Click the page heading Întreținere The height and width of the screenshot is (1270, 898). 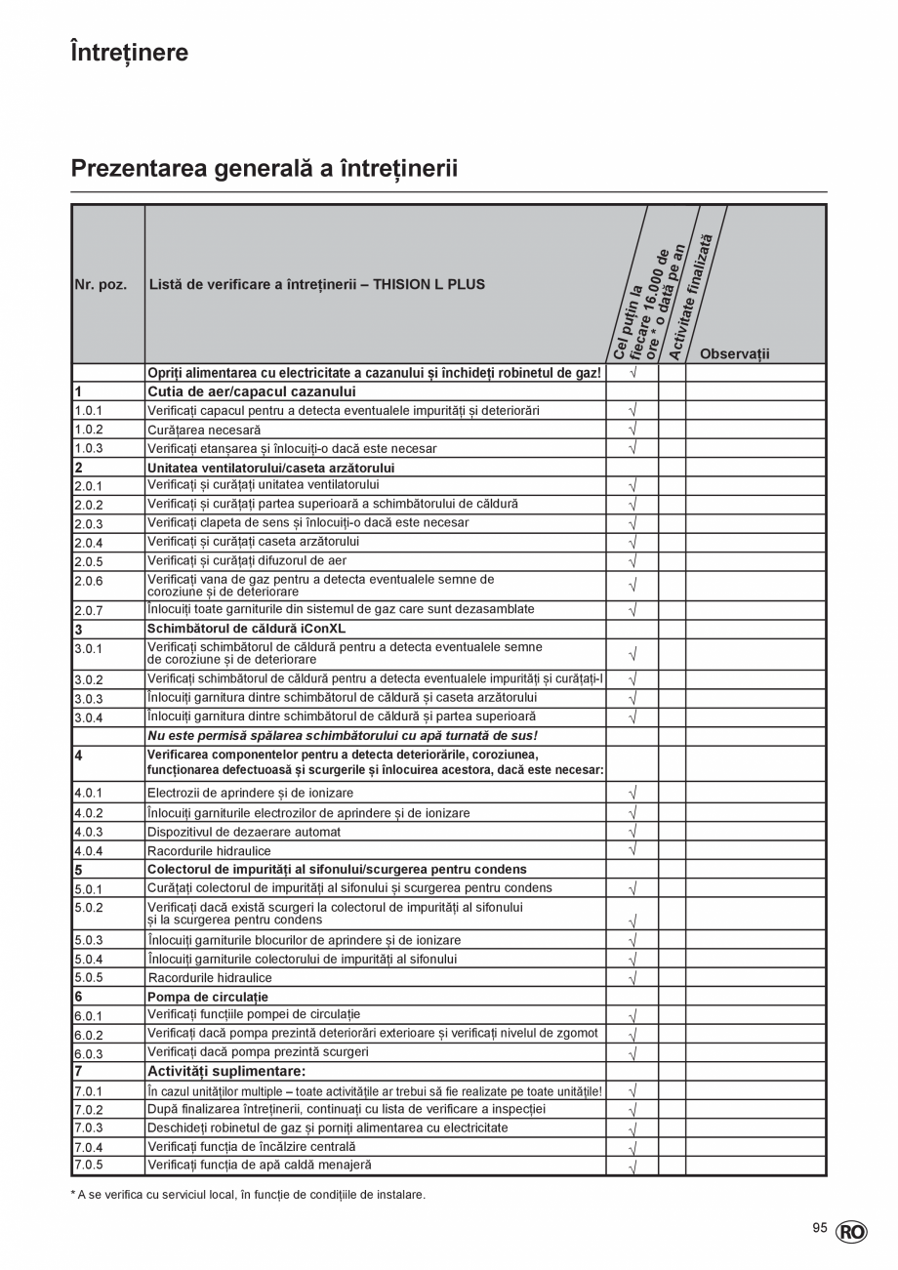(x=130, y=53)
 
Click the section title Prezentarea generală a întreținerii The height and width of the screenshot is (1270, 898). (x=265, y=169)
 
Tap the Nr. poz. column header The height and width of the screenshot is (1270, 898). (x=101, y=285)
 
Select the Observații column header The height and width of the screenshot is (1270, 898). (x=734, y=353)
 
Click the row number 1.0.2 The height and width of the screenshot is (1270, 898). (x=88, y=430)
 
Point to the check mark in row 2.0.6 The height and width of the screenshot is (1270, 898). (x=633, y=586)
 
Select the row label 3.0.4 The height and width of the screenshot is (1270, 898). (x=88, y=718)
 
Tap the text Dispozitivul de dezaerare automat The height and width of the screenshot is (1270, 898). (x=244, y=832)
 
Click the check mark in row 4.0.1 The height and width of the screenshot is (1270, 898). (x=633, y=793)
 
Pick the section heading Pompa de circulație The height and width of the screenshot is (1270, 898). (x=207, y=997)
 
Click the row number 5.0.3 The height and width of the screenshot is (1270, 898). (x=88, y=941)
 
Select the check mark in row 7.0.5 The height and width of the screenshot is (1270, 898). (x=633, y=1167)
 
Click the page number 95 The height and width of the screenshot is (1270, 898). (x=820, y=1228)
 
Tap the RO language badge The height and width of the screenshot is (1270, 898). (x=851, y=1232)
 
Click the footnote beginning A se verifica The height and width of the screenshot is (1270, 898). (x=251, y=1194)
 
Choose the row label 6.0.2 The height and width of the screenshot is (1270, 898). (x=88, y=1035)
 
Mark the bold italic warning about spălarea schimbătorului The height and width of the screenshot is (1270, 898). (x=343, y=736)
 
